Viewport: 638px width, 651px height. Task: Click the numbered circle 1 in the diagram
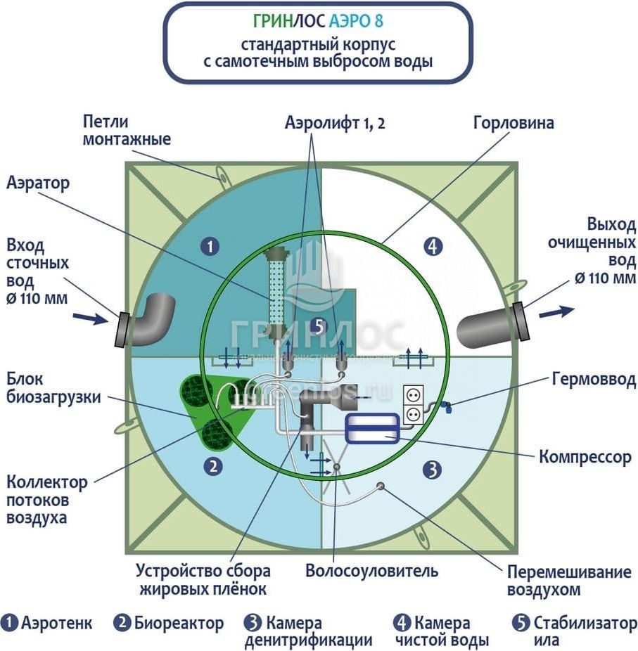pos(209,246)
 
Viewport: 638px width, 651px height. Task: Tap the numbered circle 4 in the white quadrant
pos(434,246)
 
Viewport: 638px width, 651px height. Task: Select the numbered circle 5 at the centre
pos(319,326)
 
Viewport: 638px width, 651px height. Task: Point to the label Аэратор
pos(38,184)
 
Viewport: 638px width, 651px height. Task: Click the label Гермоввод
pos(594,380)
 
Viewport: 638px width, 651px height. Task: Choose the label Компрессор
pos(585,457)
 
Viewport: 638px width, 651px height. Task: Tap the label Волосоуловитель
pos(371,570)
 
